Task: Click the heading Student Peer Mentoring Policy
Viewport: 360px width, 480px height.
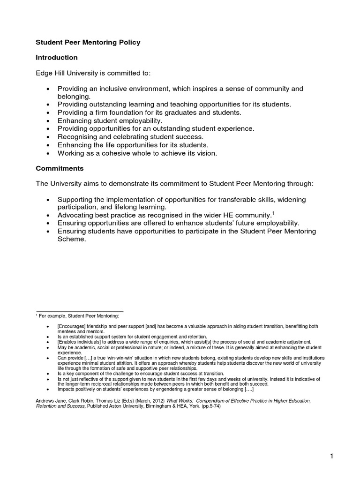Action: [x=88, y=42]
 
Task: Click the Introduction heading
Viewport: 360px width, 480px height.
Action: [x=57, y=58]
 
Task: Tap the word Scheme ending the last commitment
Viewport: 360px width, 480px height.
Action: [x=72, y=239]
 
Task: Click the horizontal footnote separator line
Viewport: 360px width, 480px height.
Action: [x=80, y=311]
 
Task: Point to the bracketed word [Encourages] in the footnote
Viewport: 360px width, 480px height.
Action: [x=73, y=326]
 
